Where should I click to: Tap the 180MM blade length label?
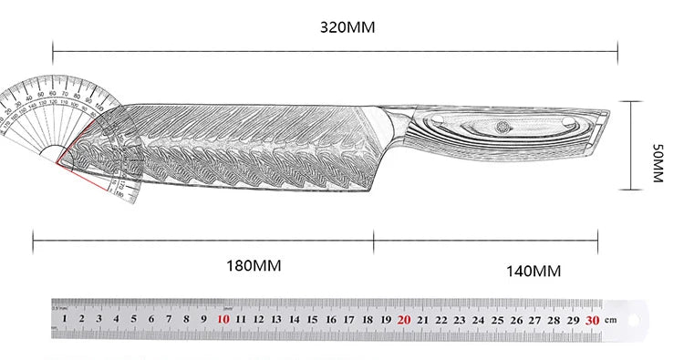click(254, 266)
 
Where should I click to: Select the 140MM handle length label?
click(534, 271)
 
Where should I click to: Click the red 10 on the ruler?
click(223, 320)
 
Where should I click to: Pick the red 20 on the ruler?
click(404, 320)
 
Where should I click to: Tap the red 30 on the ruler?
click(593, 320)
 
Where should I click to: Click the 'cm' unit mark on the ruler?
click(612, 321)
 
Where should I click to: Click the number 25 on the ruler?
click(498, 320)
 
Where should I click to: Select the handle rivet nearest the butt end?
click(568, 122)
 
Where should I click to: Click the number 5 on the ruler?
click(133, 320)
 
